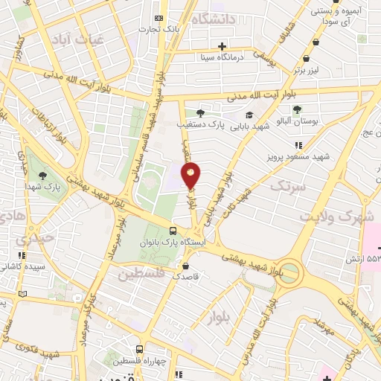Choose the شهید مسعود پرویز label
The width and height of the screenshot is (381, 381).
295,157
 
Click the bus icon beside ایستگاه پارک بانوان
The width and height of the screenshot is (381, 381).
173,231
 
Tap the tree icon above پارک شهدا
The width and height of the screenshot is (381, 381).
46,176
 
